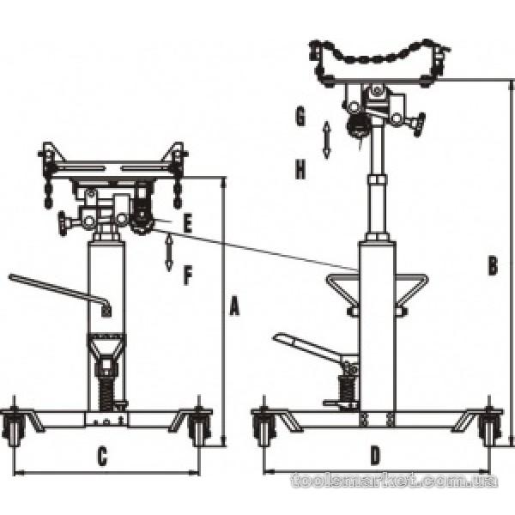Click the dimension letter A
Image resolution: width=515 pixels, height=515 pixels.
tap(233, 306)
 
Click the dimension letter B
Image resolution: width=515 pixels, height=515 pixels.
tap(492, 267)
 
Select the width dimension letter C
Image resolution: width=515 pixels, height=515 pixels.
tap(101, 457)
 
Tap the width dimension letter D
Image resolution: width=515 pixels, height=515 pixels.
tap(375, 456)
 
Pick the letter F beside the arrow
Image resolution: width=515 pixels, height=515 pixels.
tap(188, 275)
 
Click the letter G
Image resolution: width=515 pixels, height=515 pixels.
tap(300, 117)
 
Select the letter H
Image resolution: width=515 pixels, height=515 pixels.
tap(300, 170)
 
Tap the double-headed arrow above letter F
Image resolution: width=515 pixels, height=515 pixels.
tap(169, 253)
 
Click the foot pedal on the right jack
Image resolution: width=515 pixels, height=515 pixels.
tap(305, 348)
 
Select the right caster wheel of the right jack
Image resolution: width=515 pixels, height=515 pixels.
tap(490, 428)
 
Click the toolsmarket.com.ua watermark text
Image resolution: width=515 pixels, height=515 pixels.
tap(394, 481)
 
